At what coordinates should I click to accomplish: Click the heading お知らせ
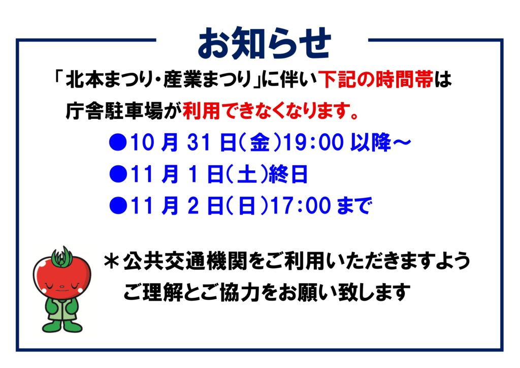click(264, 43)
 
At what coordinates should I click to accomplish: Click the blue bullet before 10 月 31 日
click(118, 143)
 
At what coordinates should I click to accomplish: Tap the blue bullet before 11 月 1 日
click(118, 174)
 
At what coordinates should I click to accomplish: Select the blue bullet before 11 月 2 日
click(118, 206)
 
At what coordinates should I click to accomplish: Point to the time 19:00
click(313, 143)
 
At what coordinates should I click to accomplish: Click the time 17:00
click(301, 206)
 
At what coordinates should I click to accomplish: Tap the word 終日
click(288, 174)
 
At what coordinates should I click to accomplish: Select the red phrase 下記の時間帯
click(376, 80)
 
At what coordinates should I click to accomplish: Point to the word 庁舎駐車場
click(114, 111)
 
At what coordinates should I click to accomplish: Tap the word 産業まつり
click(207, 80)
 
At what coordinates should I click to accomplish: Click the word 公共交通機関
click(185, 261)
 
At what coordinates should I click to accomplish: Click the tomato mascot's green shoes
click(62, 327)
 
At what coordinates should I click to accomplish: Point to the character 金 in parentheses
click(259, 143)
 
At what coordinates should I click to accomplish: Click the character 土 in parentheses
click(247, 174)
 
